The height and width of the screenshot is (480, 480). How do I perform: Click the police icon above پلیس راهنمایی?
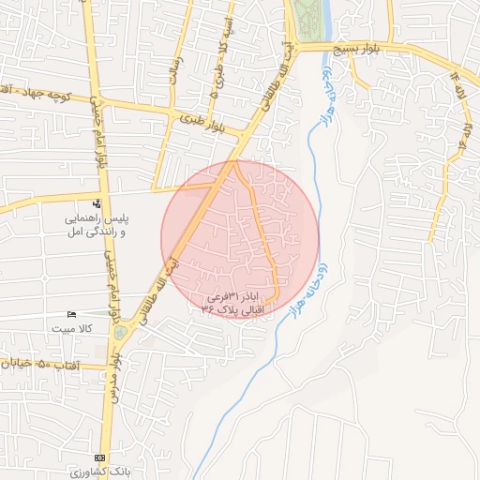pyautogui.click(x=97, y=203)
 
